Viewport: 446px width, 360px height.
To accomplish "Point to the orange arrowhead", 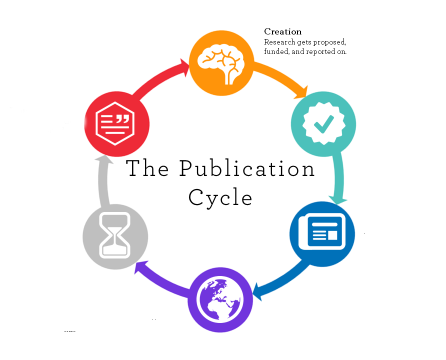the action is click(x=301, y=91).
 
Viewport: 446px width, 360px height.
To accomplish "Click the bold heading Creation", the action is click(x=283, y=32).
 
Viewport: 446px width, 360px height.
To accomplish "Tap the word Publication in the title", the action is click(x=247, y=169).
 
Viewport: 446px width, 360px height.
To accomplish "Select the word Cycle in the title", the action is click(x=220, y=197).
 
